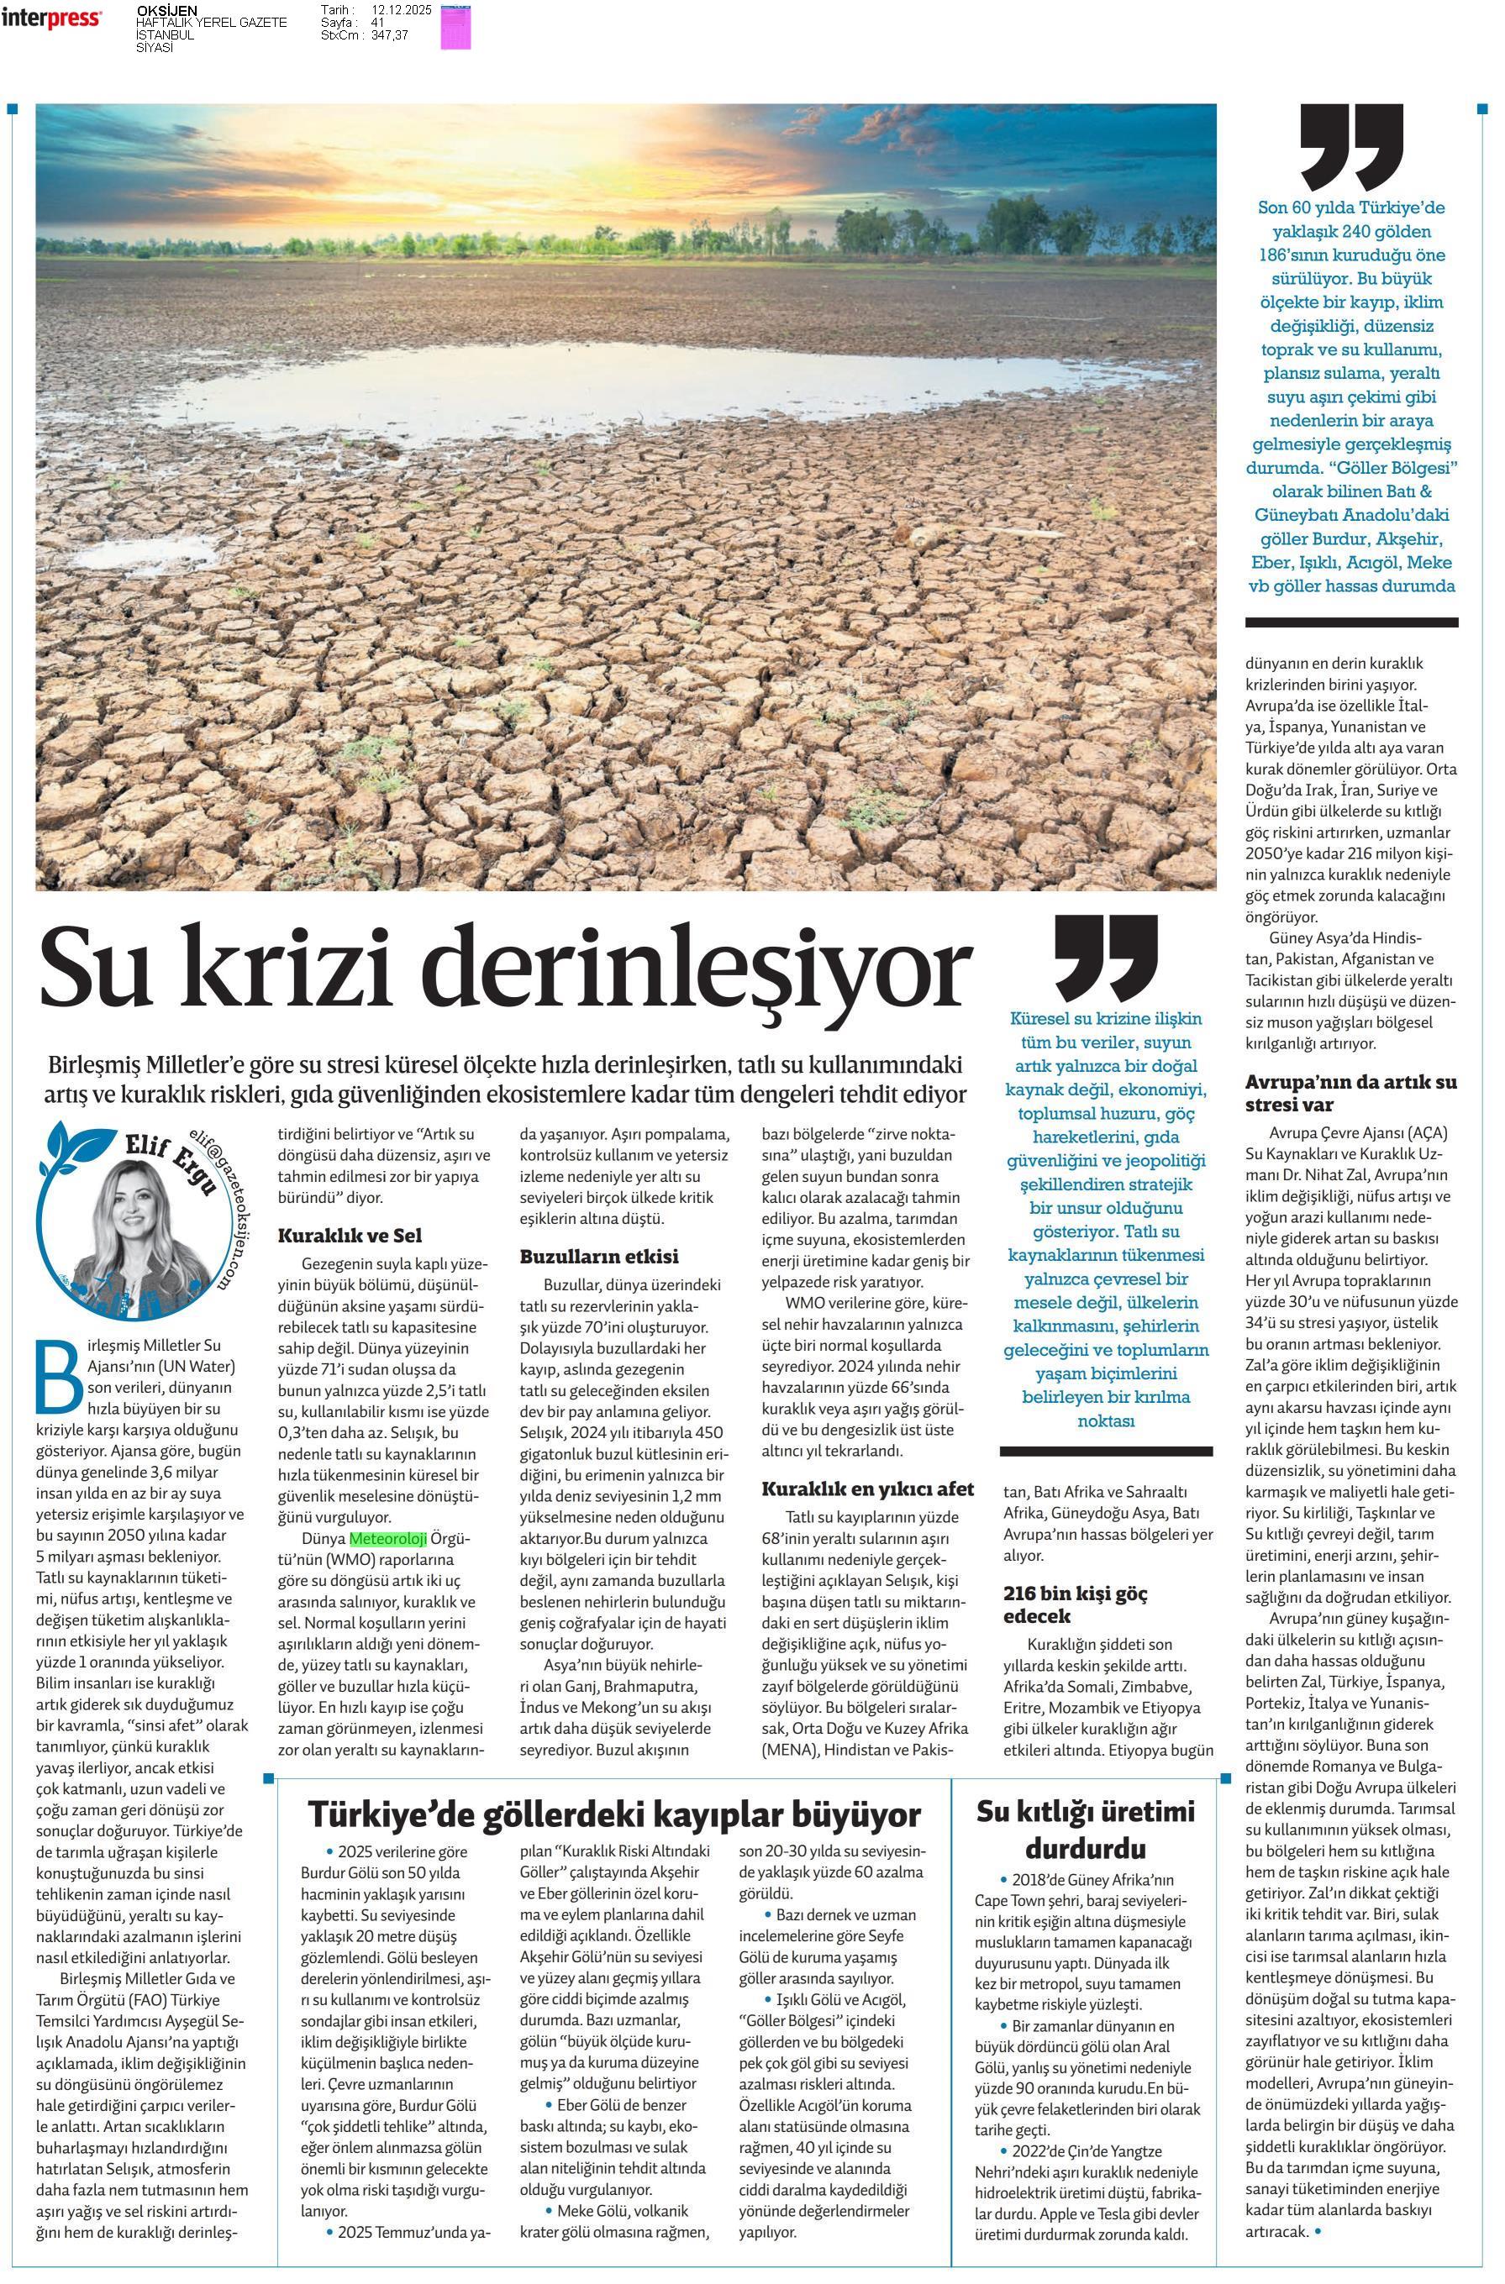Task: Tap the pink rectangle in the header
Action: pyautogui.click(x=455, y=26)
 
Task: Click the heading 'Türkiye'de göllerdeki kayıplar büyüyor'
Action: pyautogui.click(x=613, y=1814)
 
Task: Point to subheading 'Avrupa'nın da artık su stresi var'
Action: pyautogui.click(x=1350, y=1093)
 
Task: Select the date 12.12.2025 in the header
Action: pyautogui.click(x=403, y=9)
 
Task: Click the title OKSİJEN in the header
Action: pyautogui.click(x=167, y=11)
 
